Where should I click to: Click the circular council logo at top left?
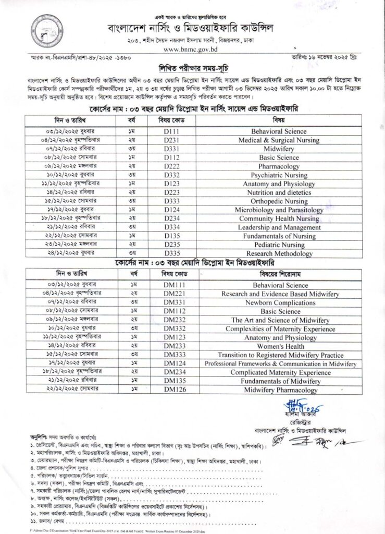pos(44,29)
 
